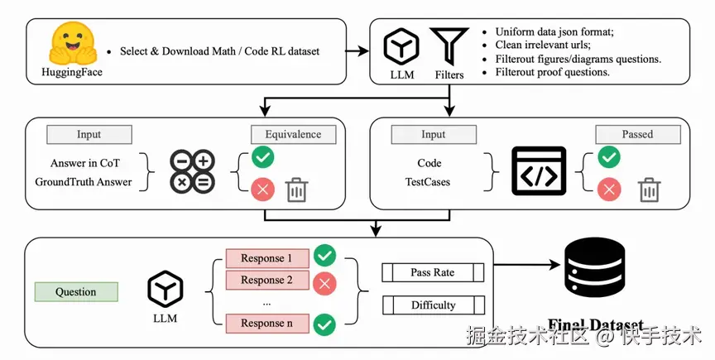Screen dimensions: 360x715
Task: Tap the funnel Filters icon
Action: (x=449, y=46)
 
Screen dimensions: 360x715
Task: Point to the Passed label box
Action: (x=637, y=134)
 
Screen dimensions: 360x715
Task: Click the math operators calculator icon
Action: (x=192, y=172)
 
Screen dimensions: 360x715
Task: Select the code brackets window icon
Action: (x=539, y=172)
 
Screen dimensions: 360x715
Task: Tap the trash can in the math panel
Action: (x=296, y=190)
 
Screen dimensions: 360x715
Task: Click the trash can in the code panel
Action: (x=649, y=190)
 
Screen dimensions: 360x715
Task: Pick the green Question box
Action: (x=76, y=291)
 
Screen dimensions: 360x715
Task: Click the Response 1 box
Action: (x=267, y=258)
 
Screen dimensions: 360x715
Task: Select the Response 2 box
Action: (x=267, y=280)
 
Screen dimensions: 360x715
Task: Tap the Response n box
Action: (x=267, y=324)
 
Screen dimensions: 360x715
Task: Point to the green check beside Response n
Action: (x=325, y=324)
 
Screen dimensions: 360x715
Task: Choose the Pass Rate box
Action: (x=433, y=272)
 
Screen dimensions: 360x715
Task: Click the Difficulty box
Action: (x=433, y=305)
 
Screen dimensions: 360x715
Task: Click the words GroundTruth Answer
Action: (x=84, y=181)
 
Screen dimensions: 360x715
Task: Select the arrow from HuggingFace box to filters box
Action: (x=357, y=51)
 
